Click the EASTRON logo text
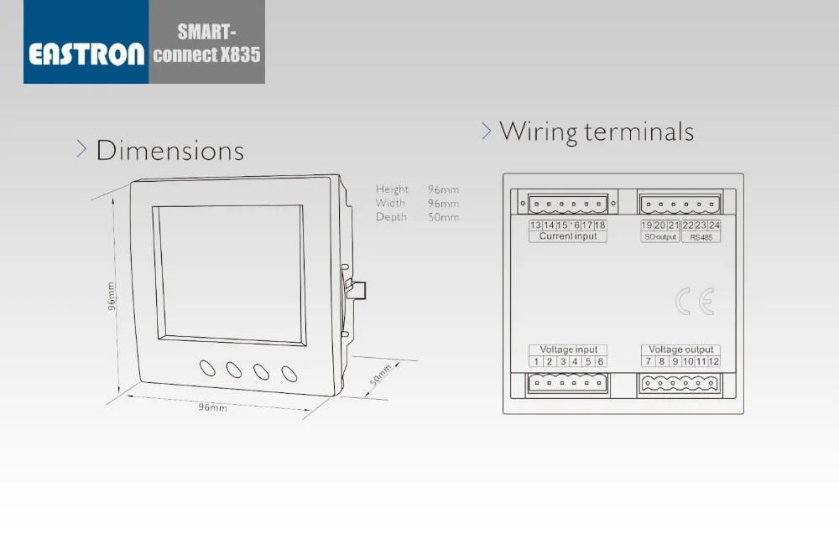click(86, 54)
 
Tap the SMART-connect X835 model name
click(206, 44)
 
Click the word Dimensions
click(169, 150)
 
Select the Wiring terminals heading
click(596, 132)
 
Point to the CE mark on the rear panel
click(695, 302)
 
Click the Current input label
click(568, 236)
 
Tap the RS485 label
click(701, 237)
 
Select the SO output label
click(660, 236)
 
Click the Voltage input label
click(568, 349)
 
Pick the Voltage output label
click(681, 349)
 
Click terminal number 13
click(535, 225)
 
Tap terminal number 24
click(714, 225)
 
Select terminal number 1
click(536, 361)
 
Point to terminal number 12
click(714, 361)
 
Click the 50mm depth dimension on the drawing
click(380, 375)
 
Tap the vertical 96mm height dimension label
click(111, 296)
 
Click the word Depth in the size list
click(391, 217)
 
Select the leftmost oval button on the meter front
click(207, 368)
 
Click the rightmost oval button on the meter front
click(289, 374)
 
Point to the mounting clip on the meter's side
click(355, 290)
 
